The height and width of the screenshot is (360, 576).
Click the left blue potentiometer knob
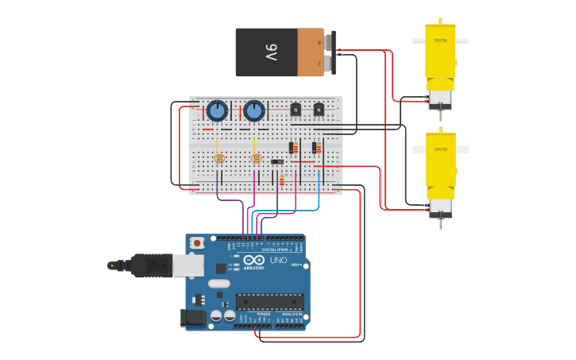coord(217,110)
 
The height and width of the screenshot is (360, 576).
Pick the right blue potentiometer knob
coord(253,110)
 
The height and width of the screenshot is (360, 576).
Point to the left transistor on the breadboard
coord(296,109)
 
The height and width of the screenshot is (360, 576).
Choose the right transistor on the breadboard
coord(319,109)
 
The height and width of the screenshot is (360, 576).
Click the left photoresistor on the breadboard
coord(219,158)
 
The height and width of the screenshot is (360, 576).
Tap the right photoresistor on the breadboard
coord(256,158)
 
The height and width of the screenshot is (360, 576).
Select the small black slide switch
coord(276,162)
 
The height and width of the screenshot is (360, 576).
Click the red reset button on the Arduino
coord(196,242)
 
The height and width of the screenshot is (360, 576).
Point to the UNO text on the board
coord(278,260)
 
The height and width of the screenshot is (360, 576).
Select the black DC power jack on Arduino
coord(192,318)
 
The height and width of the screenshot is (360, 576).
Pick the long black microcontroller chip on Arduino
coord(269,301)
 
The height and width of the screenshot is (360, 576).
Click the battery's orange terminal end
coord(311,52)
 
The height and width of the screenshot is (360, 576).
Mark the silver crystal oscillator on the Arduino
coord(219,283)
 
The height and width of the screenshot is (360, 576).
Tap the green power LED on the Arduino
coord(295,265)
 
